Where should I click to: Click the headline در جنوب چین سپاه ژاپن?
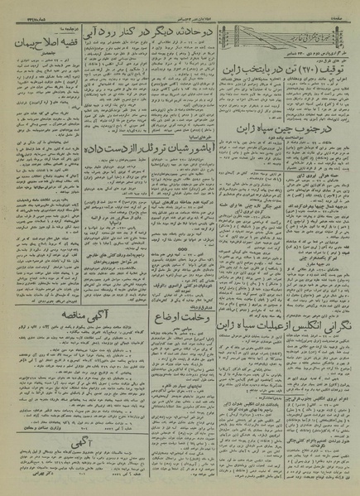pyautogui.click(x=299, y=129)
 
